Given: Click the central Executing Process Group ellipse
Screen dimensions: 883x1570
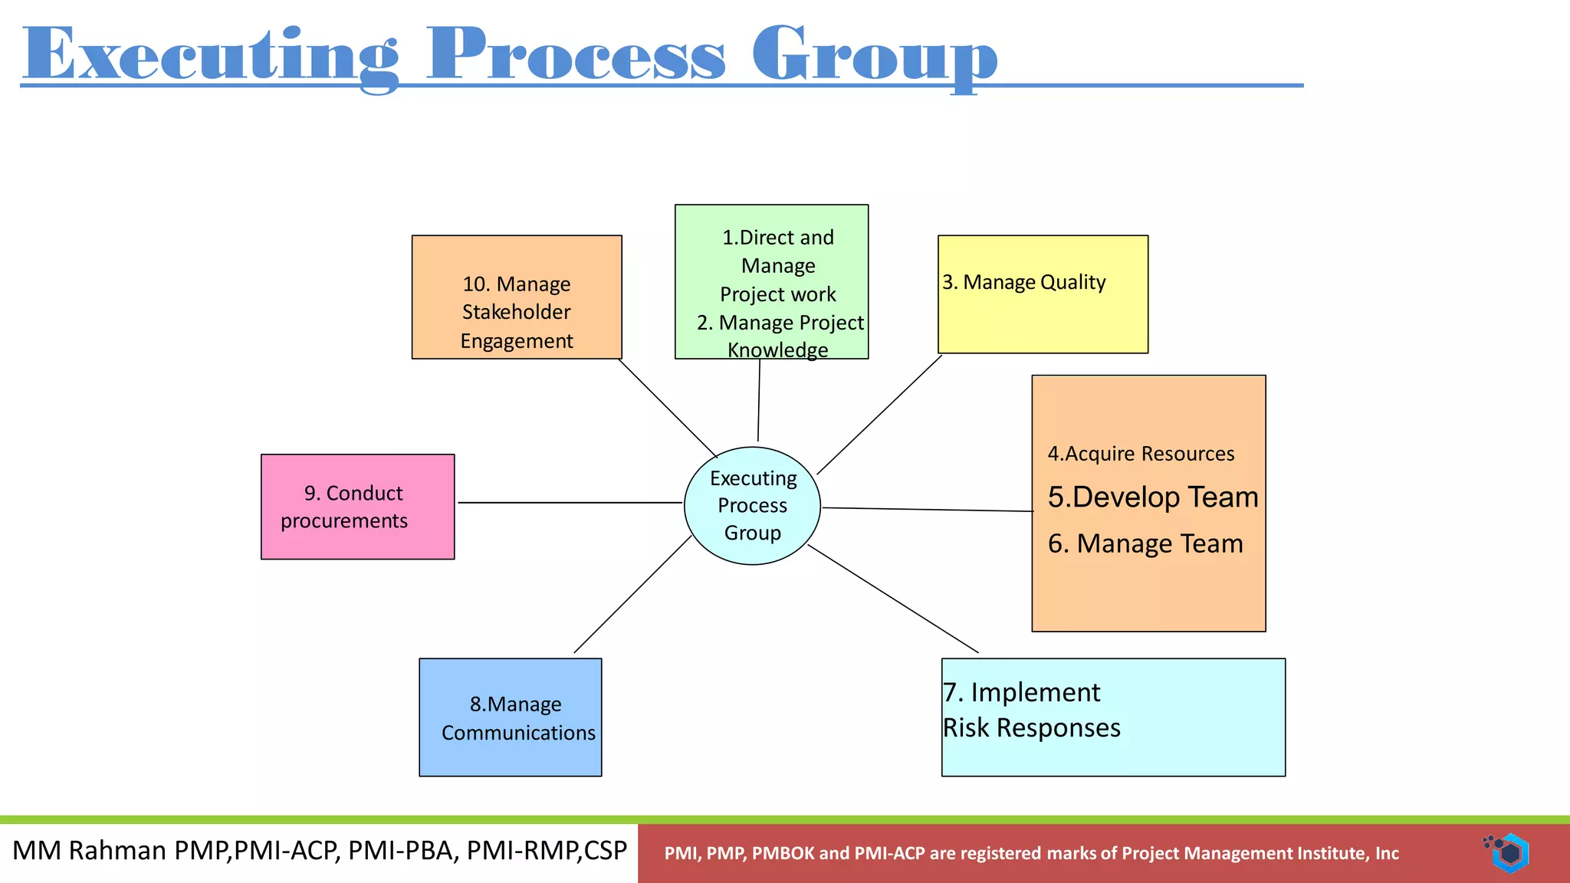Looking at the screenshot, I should click(x=752, y=506).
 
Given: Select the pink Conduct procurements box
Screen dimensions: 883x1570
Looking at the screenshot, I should click(x=357, y=507).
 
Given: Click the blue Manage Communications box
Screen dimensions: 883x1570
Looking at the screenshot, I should click(x=511, y=717).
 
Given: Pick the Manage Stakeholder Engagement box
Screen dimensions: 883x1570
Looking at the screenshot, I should click(x=517, y=297).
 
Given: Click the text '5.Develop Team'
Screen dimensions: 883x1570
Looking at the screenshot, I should click(x=1153, y=497).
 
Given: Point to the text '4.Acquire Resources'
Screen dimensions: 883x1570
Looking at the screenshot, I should click(x=1141, y=454).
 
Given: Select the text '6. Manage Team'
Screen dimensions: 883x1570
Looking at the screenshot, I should click(x=1145, y=543).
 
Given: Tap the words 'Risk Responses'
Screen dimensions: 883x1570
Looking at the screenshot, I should click(x=1031, y=728).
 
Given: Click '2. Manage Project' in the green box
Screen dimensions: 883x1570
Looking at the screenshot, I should click(x=780, y=323).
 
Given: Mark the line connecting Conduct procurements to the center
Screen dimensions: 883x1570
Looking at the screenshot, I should click(x=570, y=503).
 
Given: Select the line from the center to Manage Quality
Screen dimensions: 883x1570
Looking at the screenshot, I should click(x=879, y=415).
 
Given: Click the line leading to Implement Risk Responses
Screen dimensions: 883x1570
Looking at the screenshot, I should click(x=893, y=599).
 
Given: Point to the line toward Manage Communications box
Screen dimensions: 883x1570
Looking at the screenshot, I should click(x=632, y=594).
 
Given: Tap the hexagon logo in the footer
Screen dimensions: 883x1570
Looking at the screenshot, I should click(x=1508, y=853).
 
